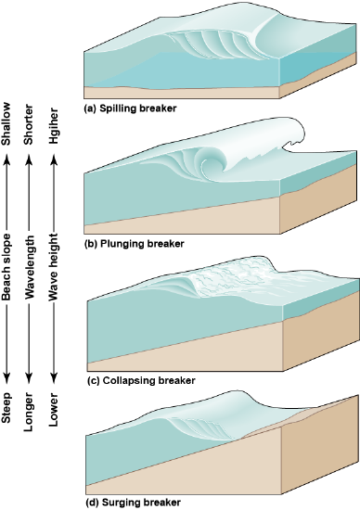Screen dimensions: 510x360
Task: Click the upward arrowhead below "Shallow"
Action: click(x=8, y=160)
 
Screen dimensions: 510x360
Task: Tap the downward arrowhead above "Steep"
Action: click(x=8, y=376)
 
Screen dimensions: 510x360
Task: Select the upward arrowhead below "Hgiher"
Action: click(x=55, y=160)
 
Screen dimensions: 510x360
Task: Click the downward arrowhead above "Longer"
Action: click(x=32, y=376)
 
